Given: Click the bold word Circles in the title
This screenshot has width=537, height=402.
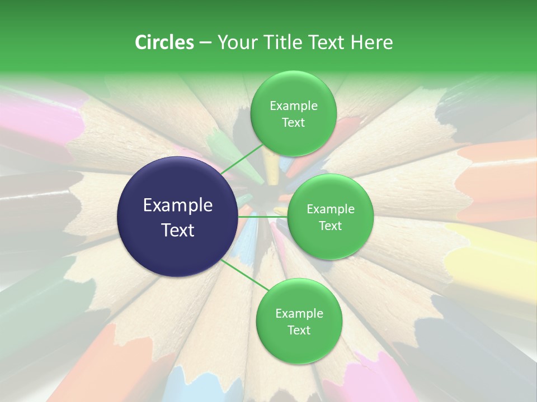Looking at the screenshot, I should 164,42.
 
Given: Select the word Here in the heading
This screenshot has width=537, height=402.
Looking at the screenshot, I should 372,42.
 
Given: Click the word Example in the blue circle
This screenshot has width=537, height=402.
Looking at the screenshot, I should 178,205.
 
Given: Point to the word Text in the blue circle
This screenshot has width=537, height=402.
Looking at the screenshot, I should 178,229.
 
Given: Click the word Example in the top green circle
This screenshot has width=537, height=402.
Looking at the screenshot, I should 293,106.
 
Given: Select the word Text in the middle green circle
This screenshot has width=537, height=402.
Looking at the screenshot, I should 330,226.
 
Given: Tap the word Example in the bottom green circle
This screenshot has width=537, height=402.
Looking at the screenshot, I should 299,314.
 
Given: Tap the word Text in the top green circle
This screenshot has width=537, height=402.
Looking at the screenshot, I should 293,122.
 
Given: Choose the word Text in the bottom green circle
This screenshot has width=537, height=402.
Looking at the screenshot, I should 299,330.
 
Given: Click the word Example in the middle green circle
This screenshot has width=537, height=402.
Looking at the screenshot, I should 330,209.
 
